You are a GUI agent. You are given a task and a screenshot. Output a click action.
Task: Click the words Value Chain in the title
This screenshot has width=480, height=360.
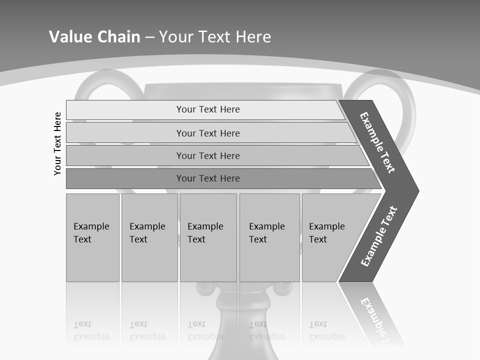click(x=94, y=36)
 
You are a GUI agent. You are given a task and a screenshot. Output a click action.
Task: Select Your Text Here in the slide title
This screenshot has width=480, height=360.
click(x=215, y=36)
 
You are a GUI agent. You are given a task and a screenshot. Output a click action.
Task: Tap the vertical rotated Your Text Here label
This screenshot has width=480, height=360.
click(x=57, y=143)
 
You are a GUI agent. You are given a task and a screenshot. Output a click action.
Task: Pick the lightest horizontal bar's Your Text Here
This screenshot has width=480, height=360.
click(x=207, y=109)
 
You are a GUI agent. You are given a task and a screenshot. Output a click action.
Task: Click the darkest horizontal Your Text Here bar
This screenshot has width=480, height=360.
click(x=207, y=178)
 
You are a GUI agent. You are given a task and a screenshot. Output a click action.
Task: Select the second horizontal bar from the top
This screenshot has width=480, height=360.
click(x=207, y=133)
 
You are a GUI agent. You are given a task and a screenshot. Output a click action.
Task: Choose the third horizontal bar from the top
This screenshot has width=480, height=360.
click(x=207, y=155)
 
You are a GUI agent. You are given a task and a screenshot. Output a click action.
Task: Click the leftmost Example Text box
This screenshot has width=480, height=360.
click(x=92, y=237)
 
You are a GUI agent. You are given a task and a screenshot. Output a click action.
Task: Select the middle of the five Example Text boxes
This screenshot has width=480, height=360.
click(x=208, y=237)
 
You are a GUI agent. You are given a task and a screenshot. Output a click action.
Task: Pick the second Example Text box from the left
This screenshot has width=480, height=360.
click(x=149, y=237)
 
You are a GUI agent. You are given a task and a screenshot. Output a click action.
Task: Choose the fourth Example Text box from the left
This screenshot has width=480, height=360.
click(x=269, y=237)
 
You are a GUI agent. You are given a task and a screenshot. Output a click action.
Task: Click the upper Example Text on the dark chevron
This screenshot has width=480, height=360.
click(x=377, y=142)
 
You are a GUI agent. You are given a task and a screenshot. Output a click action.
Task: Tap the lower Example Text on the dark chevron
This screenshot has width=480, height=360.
click(x=378, y=236)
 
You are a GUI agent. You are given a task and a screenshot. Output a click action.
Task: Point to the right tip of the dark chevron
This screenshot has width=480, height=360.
click(x=417, y=190)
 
